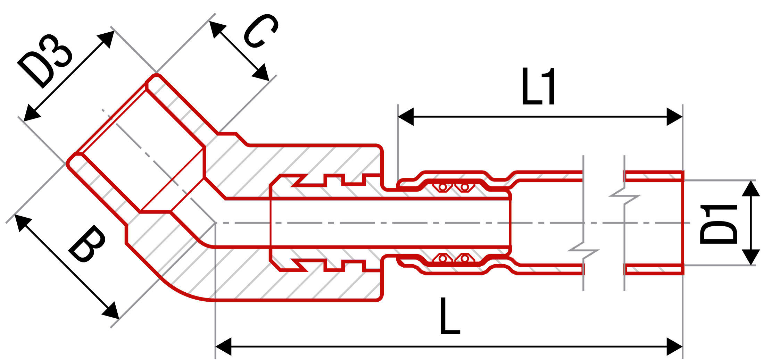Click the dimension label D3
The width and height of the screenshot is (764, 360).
(x=45, y=61)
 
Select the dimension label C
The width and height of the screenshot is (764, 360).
(x=260, y=31)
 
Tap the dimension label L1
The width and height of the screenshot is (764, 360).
(x=539, y=86)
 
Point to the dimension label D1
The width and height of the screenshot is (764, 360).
(x=719, y=224)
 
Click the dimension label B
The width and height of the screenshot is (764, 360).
(x=87, y=243)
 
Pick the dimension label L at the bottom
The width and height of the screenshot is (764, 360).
(x=450, y=316)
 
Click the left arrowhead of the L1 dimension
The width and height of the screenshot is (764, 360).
(x=406, y=117)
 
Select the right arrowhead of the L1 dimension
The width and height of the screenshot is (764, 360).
(x=674, y=117)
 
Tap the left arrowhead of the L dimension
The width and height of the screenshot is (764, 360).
(x=224, y=346)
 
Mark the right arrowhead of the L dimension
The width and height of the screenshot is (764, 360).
(x=674, y=346)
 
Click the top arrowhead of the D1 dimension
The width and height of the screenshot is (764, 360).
(x=751, y=188)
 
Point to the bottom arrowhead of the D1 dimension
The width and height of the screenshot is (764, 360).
(x=751, y=257)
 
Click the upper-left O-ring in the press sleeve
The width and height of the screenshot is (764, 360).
(x=442, y=187)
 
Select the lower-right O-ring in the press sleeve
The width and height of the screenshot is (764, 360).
(x=465, y=258)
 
